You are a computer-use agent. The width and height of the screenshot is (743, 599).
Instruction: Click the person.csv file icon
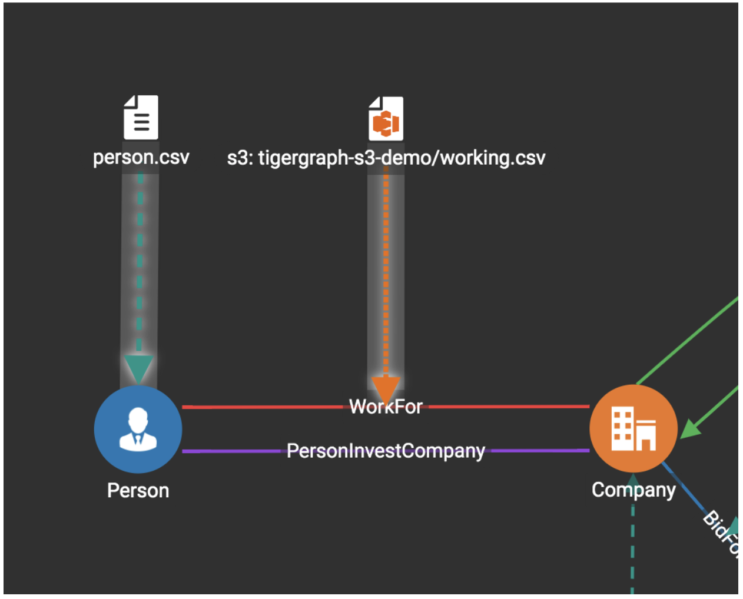click(x=141, y=118)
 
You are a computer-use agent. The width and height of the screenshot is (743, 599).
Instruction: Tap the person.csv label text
click(x=141, y=158)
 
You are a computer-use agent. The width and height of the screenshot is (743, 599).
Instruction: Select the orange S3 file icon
click(x=386, y=119)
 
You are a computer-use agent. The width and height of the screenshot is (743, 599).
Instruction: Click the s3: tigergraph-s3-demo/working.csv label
click(x=386, y=158)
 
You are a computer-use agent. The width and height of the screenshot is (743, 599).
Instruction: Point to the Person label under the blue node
click(x=138, y=490)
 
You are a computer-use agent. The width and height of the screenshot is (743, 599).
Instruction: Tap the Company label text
click(x=633, y=490)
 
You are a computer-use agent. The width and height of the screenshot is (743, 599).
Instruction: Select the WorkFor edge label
click(x=386, y=407)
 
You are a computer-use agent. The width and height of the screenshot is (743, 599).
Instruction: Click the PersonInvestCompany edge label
click(x=386, y=451)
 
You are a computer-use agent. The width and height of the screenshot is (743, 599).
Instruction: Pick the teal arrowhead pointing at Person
click(x=139, y=368)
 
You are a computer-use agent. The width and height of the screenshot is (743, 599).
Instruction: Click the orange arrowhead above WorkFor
click(x=386, y=388)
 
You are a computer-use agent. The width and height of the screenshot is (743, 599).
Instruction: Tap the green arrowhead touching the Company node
click(x=691, y=428)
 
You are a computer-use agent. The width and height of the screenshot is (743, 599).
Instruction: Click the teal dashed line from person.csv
click(x=140, y=265)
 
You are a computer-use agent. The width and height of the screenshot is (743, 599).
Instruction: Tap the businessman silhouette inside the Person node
click(x=138, y=430)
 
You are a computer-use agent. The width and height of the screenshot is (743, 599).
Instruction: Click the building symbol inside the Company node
click(x=633, y=429)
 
